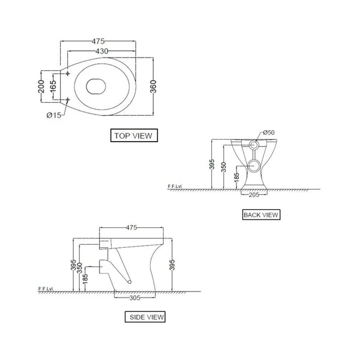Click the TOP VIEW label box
click(x=134, y=136)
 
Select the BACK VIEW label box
click(x=261, y=215)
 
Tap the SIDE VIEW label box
click(x=145, y=317)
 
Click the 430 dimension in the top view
click(x=102, y=51)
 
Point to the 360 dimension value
click(x=153, y=86)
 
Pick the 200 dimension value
click(x=41, y=86)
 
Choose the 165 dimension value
click(x=53, y=86)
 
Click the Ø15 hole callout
click(x=54, y=115)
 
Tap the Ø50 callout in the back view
click(x=269, y=132)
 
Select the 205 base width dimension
click(x=254, y=194)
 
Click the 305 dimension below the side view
click(x=135, y=298)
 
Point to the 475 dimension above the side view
click(x=131, y=227)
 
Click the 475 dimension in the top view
click(x=98, y=41)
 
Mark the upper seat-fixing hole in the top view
click(x=68, y=73)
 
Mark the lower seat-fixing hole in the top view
click(x=68, y=100)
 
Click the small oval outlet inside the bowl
click(x=96, y=86)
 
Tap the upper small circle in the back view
click(x=254, y=145)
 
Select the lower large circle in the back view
click(x=254, y=166)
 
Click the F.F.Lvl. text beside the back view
click(x=175, y=186)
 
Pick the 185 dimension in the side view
click(x=85, y=279)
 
